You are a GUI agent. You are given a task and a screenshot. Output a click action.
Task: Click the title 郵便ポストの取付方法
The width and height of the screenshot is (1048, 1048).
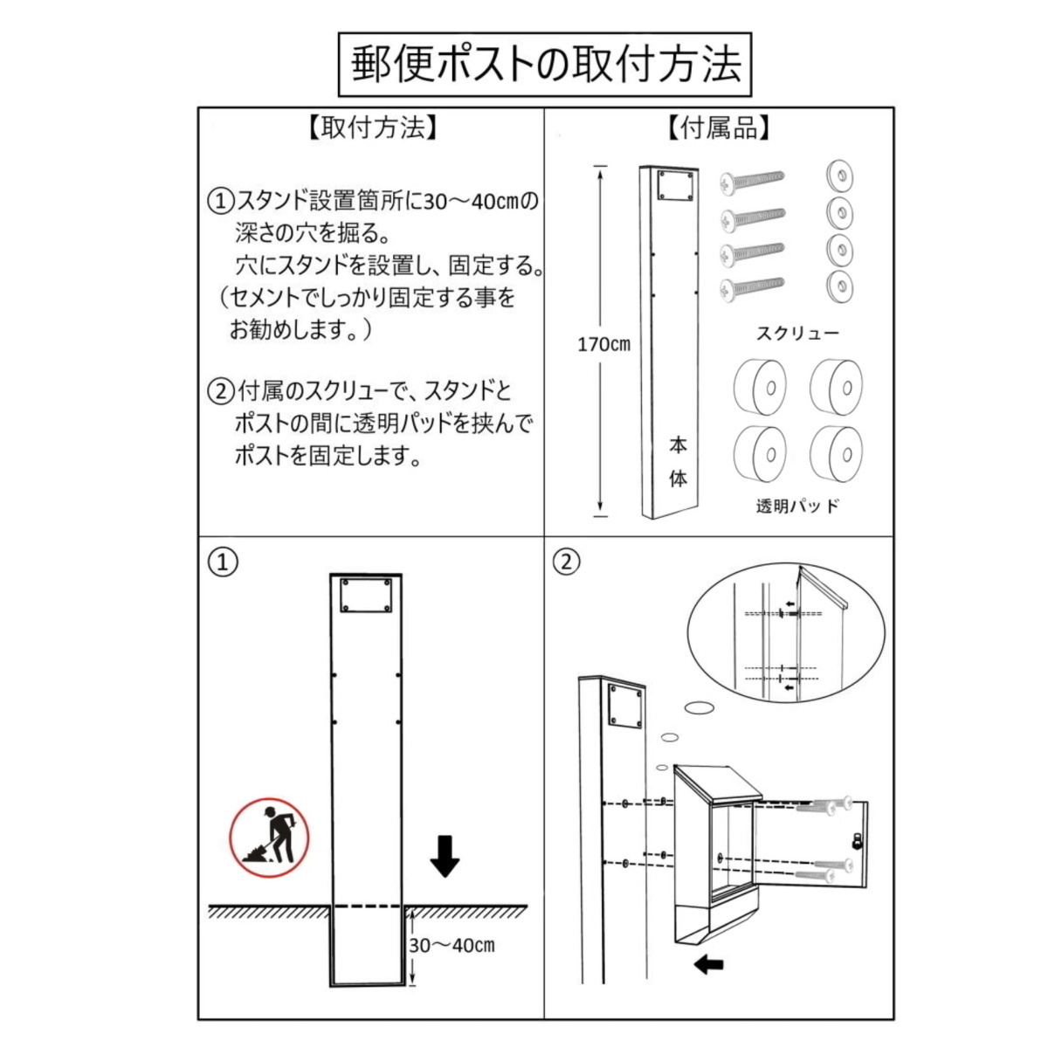(x=546, y=65)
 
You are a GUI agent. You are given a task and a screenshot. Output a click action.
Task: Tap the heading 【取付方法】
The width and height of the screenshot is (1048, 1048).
(x=372, y=128)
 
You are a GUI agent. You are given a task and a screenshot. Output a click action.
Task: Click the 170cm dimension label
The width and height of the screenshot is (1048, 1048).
(x=603, y=344)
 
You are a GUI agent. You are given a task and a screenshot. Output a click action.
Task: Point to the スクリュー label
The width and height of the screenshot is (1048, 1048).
(x=798, y=334)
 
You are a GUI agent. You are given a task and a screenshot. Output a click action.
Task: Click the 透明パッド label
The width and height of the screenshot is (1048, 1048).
(x=798, y=506)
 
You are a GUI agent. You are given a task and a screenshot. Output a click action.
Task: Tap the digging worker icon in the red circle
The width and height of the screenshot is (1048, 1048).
(x=269, y=838)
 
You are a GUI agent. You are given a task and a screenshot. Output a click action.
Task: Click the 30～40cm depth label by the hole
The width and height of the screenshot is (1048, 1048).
(x=452, y=945)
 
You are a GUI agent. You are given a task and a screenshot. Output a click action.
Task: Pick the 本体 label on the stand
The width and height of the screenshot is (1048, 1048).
(x=678, y=462)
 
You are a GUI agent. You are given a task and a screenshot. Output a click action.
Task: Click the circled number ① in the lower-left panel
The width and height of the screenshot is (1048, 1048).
(x=223, y=562)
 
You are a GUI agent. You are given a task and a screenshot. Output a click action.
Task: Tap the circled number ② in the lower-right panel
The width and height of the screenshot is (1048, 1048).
(x=567, y=562)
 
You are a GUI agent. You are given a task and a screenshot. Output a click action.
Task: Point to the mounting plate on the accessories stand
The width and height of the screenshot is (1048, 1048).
(x=676, y=186)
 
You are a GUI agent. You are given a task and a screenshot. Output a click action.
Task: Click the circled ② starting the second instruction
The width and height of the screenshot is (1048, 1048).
(x=221, y=391)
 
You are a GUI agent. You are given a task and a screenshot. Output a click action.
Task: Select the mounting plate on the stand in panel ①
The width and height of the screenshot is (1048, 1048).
(x=365, y=596)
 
